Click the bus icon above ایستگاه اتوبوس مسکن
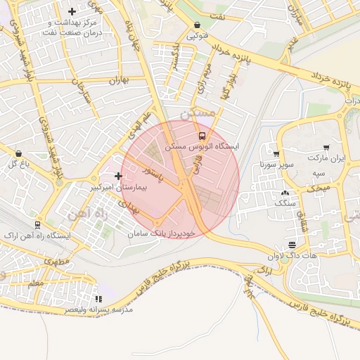click(202, 136)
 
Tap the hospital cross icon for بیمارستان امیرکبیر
click(118, 176)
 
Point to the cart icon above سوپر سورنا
click(276, 155)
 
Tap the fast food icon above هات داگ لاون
click(292, 245)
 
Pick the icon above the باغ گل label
click(18, 153)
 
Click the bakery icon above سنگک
click(284, 192)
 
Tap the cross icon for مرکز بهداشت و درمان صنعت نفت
click(72, 12)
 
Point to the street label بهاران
click(120, 80)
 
